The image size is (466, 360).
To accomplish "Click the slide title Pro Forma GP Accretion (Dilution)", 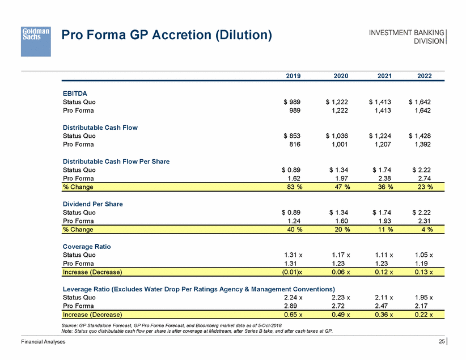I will [x=167, y=35].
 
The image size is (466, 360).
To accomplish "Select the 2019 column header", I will [x=292, y=76].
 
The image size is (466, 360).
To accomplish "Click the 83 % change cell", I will [x=293, y=187].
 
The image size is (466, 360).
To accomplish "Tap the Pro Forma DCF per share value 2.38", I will [x=380, y=178].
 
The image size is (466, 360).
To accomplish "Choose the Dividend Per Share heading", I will [x=92, y=204].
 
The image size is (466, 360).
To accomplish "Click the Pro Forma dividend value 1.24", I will [x=293, y=221].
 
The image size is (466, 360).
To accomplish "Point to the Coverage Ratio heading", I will [x=87, y=246].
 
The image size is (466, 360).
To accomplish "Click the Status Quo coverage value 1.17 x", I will [x=338, y=255].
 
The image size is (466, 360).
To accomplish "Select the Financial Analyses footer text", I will [x=43, y=342].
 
